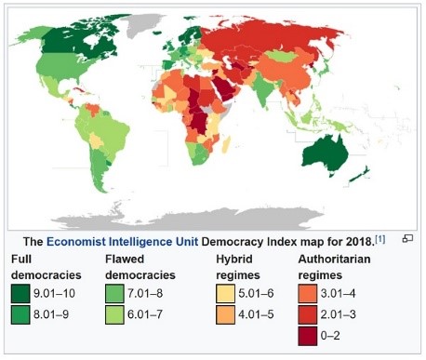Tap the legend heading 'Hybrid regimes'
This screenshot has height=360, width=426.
[241, 266]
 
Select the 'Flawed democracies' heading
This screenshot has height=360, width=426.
[140, 266]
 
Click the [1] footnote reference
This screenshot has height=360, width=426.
[379, 237]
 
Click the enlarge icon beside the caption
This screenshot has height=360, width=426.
[407, 239]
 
